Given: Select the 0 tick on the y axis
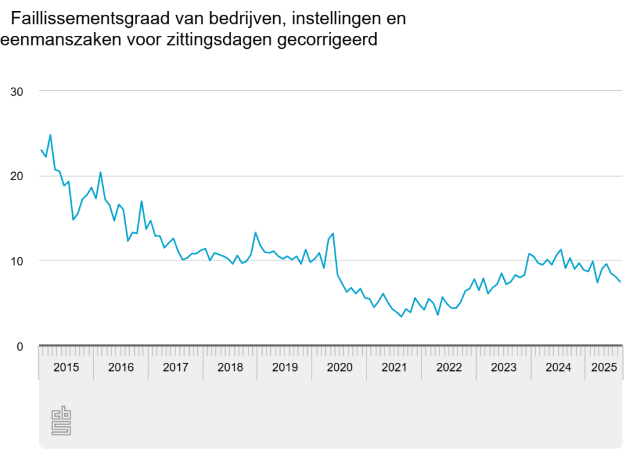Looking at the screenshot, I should click(20, 346).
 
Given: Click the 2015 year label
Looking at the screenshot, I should click(66, 368).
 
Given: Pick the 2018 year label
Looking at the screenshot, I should click(231, 368).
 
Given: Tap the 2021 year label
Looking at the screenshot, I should click(394, 368).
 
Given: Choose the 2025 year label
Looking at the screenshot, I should click(603, 368).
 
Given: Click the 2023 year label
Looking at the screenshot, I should click(503, 368).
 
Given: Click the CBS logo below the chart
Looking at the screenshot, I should click(61, 420).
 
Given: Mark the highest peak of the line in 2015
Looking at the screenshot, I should click(50, 135).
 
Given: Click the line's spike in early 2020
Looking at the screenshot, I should click(333, 233).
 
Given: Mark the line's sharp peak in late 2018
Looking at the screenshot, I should click(255, 233).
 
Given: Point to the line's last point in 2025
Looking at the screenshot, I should click(621, 282).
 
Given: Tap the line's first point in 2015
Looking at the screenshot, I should click(41, 149).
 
